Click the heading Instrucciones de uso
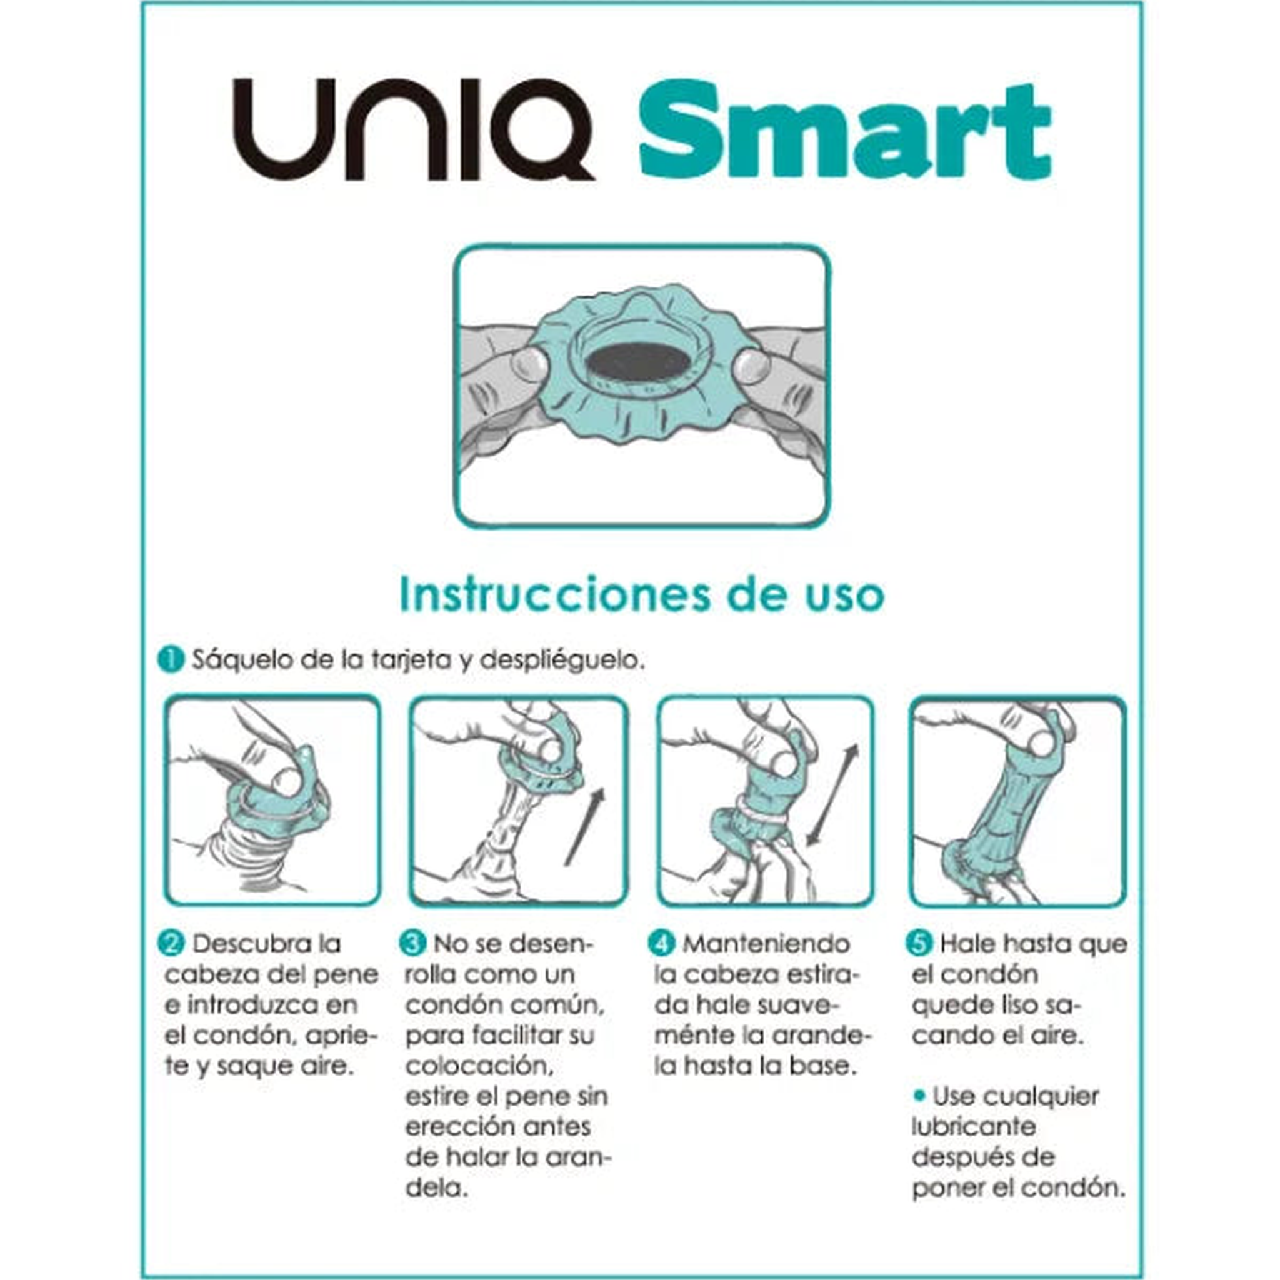641,595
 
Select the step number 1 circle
171,660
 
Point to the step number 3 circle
413,943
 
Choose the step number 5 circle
919,943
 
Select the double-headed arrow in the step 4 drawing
832,795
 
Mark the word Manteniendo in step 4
766,943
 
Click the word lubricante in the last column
973,1126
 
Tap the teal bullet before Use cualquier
918,1095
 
